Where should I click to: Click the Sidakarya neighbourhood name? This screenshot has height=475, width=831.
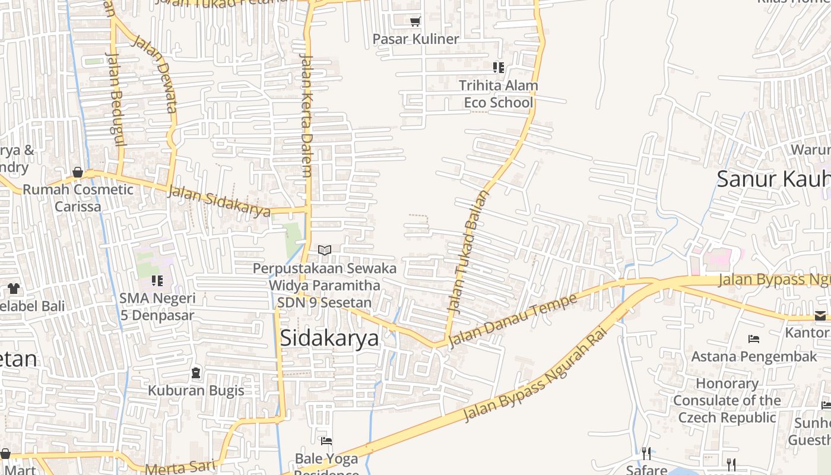click(329, 338)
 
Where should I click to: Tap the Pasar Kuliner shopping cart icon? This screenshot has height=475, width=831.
click(415, 21)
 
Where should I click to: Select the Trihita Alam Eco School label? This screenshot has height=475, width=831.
click(498, 94)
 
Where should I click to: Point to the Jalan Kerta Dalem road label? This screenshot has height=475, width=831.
click(306, 116)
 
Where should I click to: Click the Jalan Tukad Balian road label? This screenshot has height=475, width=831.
click(467, 252)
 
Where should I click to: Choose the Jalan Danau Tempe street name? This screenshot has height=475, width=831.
click(513, 320)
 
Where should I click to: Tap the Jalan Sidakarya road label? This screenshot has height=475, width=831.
click(220, 201)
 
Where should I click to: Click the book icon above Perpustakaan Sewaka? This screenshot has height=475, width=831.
click(324, 250)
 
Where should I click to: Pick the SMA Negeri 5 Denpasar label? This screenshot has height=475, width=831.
click(157, 306)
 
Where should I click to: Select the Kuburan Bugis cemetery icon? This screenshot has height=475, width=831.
click(196, 373)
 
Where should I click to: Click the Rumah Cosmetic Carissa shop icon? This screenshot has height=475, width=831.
click(78, 173)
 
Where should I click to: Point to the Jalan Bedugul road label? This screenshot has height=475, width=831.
click(116, 98)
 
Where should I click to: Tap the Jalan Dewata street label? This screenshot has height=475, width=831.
click(156, 74)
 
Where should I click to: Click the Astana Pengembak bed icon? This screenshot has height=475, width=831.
click(754, 339)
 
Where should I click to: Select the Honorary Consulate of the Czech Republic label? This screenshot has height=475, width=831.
click(727, 400)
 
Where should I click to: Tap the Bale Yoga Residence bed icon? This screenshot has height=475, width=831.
click(326, 441)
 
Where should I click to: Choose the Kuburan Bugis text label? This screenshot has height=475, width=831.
click(196, 390)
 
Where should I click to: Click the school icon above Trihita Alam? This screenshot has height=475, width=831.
click(499, 68)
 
